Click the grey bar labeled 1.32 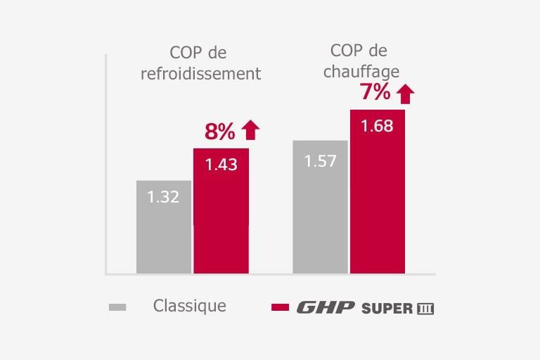pyautogui.click(x=163, y=226)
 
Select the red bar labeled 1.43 pyautogui.click(x=221, y=211)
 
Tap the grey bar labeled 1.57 pyautogui.click(x=320, y=207)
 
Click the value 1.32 pyautogui.click(x=163, y=197)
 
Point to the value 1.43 pyautogui.click(x=221, y=165)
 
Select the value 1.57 pyautogui.click(x=320, y=161)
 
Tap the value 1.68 pyautogui.click(x=377, y=127)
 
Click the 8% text pyautogui.click(x=219, y=131)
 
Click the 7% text pyautogui.click(x=375, y=92)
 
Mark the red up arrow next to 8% pyautogui.click(x=250, y=130)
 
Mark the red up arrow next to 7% pyautogui.click(x=405, y=93)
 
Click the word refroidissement pyautogui.click(x=200, y=74)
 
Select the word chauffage pyautogui.click(x=359, y=72)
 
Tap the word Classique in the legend pyautogui.click(x=190, y=306)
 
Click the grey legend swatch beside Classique pyautogui.click(x=117, y=307)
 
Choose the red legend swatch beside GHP pyautogui.click(x=280, y=307)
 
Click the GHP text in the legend pyautogui.click(x=326, y=308)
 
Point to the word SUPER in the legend pyautogui.click(x=387, y=309)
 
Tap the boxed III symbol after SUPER pyautogui.click(x=425, y=309)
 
